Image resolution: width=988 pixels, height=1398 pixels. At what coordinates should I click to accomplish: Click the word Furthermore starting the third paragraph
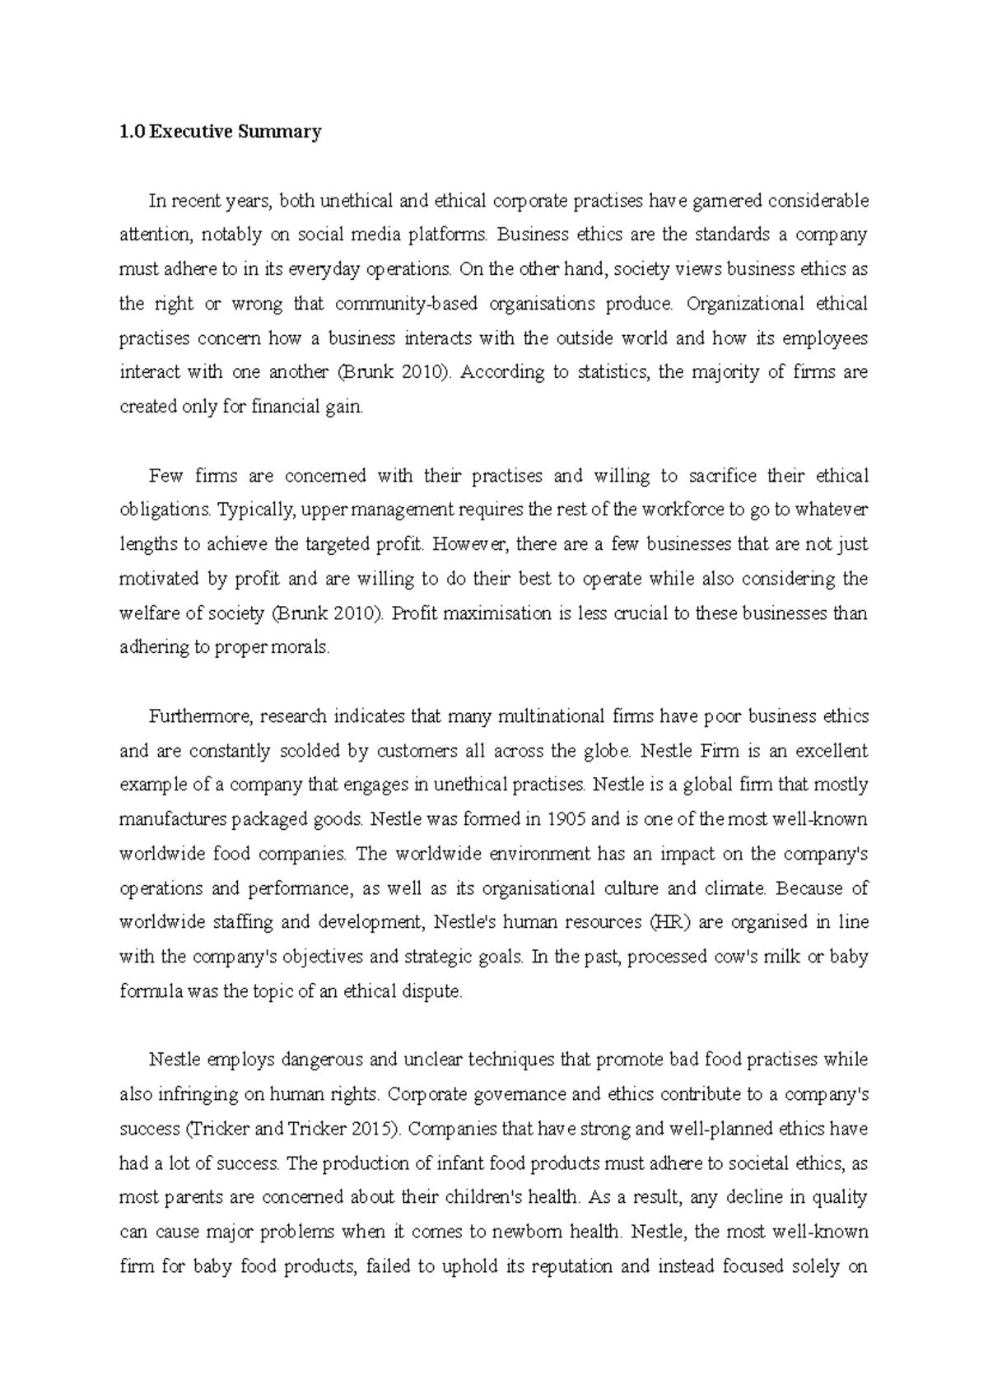[x=200, y=716]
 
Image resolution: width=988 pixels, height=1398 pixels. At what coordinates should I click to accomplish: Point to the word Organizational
[x=744, y=304]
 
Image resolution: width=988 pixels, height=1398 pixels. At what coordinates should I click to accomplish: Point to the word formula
[x=151, y=991]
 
